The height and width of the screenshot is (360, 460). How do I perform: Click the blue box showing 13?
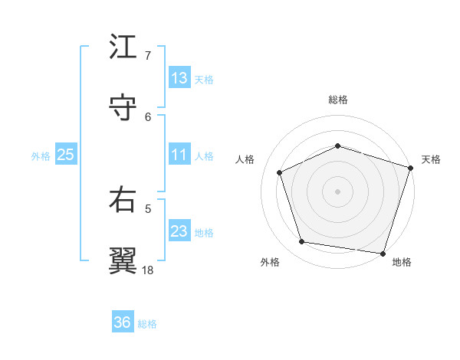pos(179,78)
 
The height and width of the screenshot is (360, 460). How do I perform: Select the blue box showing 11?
pos(179,155)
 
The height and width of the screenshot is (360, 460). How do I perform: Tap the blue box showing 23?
pos(179,231)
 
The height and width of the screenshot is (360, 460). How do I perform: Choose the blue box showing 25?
pos(66,155)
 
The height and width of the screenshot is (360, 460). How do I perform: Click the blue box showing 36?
pos(123,323)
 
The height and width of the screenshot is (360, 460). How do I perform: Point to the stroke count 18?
pos(148,270)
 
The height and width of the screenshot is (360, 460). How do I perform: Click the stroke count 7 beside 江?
pos(148,55)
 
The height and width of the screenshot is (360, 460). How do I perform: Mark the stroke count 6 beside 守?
pos(148,116)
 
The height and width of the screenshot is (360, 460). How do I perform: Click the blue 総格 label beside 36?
pos(148,324)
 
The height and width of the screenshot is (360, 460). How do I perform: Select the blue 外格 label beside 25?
pos(41,155)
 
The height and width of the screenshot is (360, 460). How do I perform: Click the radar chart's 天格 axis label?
pos(432,159)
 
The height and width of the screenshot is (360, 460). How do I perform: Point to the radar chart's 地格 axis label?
pos(402,262)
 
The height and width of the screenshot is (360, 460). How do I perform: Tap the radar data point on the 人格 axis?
pos(280,172)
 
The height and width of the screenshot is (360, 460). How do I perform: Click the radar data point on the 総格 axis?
pos(338,146)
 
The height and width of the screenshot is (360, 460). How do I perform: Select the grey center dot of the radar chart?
pos(338,191)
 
